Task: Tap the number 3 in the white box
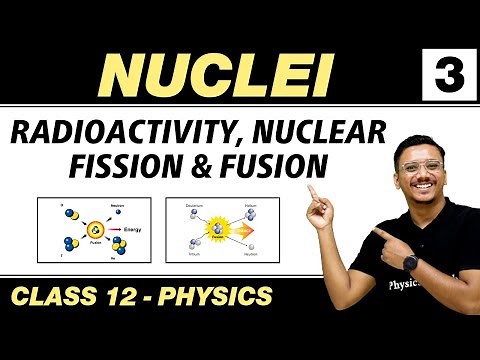[444, 73]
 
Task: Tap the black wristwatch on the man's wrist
[412, 260]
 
